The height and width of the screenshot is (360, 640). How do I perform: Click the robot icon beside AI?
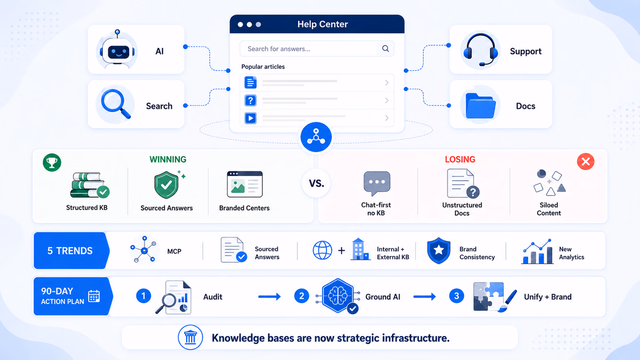pos(117,50)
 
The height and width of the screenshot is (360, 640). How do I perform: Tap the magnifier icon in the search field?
pos(386,49)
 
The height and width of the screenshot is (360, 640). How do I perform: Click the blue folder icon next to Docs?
pos(481,106)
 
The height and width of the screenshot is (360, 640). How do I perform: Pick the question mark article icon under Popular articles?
pos(251,100)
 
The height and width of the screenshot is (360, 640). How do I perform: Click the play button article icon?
pos(251,118)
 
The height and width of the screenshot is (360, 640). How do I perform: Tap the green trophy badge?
pos(52,162)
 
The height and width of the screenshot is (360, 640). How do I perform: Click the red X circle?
pos(586,162)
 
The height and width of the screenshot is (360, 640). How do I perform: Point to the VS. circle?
pos(316,183)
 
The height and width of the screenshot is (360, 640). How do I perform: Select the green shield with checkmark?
pos(166,185)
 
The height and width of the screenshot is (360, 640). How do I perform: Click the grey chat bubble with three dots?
pos(377,183)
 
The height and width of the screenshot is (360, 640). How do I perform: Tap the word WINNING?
pos(168,159)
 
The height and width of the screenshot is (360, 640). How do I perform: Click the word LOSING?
pos(460,159)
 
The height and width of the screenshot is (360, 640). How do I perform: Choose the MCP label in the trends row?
pos(174,251)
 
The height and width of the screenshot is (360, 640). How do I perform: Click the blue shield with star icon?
pos(438,250)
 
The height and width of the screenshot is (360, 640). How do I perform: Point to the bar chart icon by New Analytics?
pos(537,251)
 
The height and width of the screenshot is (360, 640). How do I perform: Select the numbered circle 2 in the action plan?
pos(301,295)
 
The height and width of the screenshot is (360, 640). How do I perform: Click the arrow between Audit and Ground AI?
pos(269,297)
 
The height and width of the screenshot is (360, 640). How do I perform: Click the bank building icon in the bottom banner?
pos(190,338)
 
